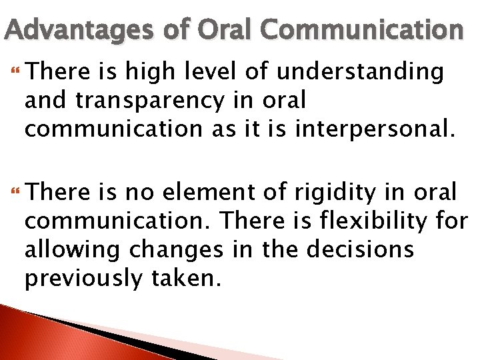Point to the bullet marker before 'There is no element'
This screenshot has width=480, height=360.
(x=17, y=193)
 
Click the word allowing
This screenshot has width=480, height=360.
(x=75, y=249)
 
